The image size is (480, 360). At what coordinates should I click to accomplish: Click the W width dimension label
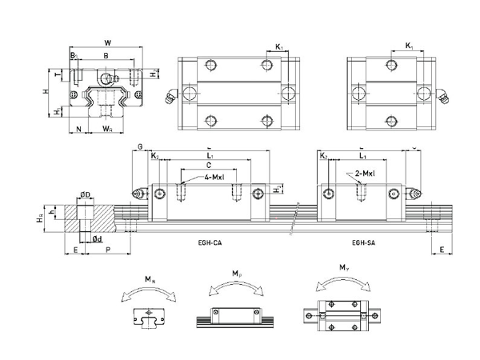(108, 42)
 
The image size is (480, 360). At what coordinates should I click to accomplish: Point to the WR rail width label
(109, 127)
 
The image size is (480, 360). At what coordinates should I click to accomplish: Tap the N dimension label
(78, 127)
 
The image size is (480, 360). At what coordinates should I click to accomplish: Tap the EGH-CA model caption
(210, 241)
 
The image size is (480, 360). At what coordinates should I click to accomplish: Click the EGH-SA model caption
(364, 241)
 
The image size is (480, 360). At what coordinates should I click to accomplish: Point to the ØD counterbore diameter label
(85, 194)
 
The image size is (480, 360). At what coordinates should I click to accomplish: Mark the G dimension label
(141, 146)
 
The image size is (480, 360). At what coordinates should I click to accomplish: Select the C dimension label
(209, 165)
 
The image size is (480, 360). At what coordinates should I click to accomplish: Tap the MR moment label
(150, 278)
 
